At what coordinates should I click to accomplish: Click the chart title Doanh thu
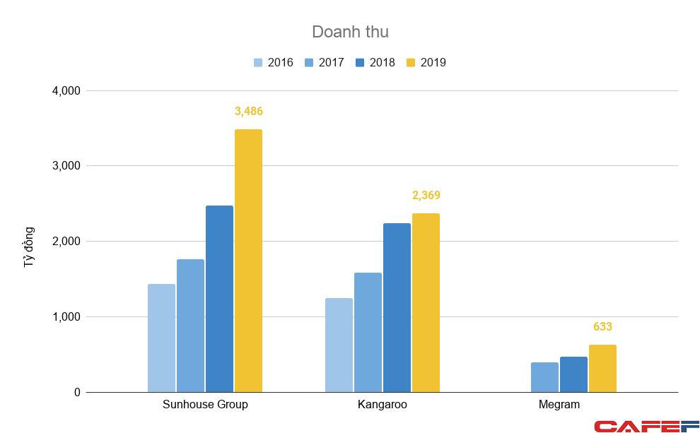point(350,32)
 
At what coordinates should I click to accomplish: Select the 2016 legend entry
point(273,62)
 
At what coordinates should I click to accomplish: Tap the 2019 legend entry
point(426,62)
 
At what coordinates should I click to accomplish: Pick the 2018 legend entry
point(375,62)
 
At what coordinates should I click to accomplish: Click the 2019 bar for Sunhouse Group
point(248,261)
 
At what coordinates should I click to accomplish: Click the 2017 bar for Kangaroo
point(368,332)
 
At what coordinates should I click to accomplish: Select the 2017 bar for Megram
point(544,377)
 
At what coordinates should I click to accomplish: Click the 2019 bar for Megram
point(602,368)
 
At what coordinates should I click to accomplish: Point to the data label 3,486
point(249,112)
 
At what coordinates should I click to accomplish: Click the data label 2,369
point(426,196)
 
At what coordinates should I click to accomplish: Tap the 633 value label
point(602,327)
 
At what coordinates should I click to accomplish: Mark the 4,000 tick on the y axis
point(66,91)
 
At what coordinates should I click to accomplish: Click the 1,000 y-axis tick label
point(66,317)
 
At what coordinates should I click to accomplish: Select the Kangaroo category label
point(383,405)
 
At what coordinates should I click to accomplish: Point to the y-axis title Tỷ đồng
point(29,247)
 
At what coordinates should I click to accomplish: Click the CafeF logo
point(646,425)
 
